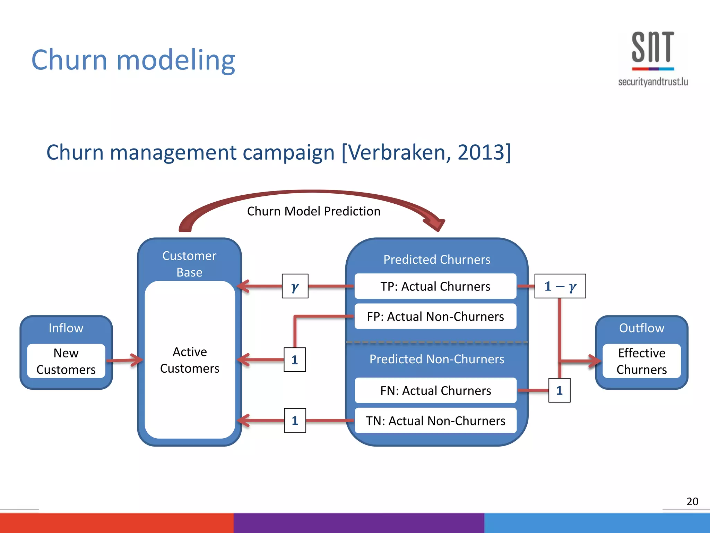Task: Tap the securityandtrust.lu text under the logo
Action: click(x=653, y=82)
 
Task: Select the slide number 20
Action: click(x=692, y=501)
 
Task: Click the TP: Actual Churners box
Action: click(x=435, y=286)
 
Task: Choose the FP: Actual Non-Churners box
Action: click(x=435, y=316)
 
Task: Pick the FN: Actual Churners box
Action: click(x=435, y=391)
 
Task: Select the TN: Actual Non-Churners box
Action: click(x=435, y=421)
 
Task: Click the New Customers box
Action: click(x=66, y=361)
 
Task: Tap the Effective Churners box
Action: click(x=641, y=361)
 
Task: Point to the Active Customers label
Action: click(x=190, y=360)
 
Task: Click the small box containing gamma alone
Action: click(x=295, y=286)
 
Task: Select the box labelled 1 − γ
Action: click(x=560, y=286)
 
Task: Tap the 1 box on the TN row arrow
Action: click(x=295, y=421)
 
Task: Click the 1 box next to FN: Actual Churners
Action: click(x=559, y=391)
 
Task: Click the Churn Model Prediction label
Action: click(x=313, y=211)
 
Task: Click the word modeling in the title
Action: click(x=176, y=60)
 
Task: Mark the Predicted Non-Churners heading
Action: click(x=436, y=359)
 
